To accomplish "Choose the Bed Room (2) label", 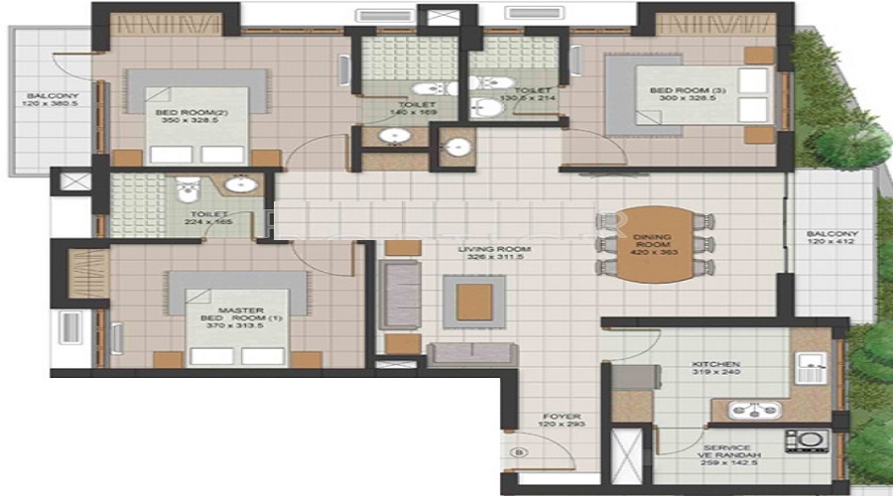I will click(179, 117).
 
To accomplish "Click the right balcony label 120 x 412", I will click(832, 239).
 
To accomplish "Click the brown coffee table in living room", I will click(473, 302).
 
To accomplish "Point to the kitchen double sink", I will click(755, 409).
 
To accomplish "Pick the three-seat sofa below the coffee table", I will click(472, 352).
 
